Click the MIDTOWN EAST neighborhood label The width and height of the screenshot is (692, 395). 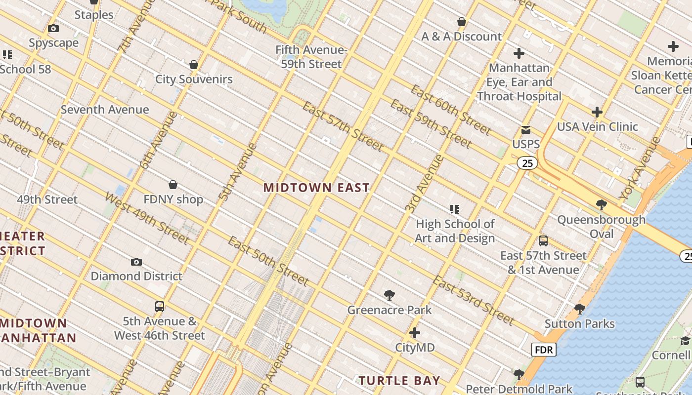pyautogui.click(x=316, y=188)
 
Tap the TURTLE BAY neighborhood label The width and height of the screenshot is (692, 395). pyautogui.click(x=399, y=381)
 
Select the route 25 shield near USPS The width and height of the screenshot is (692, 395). pyautogui.click(x=527, y=163)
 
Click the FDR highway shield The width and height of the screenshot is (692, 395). pyautogui.click(x=544, y=350)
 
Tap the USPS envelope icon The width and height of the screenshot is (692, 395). pyautogui.click(x=526, y=130)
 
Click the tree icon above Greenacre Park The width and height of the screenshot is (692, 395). pyautogui.click(x=389, y=296)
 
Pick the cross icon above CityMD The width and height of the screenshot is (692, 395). pyautogui.click(x=415, y=333)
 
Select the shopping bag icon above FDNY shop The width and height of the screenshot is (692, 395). pyautogui.click(x=173, y=185)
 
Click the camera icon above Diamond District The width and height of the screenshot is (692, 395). pyautogui.click(x=136, y=262)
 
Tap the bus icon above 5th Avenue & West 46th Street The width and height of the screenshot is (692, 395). pyautogui.click(x=160, y=307)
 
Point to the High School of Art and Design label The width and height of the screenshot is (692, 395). pyautogui.click(x=455, y=231)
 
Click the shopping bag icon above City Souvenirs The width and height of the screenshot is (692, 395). pyautogui.click(x=194, y=65)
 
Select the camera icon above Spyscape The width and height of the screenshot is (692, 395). pyautogui.click(x=53, y=29)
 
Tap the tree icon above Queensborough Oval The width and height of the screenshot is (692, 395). pyautogui.click(x=602, y=205)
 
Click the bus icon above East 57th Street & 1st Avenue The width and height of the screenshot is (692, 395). pyautogui.click(x=543, y=241)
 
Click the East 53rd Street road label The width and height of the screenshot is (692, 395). pyautogui.click(x=474, y=301)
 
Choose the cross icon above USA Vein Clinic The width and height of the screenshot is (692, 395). pyautogui.click(x=597, y=113)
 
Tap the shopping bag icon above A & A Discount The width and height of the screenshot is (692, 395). pyautogui.click(x=462, y=22)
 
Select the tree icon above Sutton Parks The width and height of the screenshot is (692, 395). pyautogui.click(x=580, y=310)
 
